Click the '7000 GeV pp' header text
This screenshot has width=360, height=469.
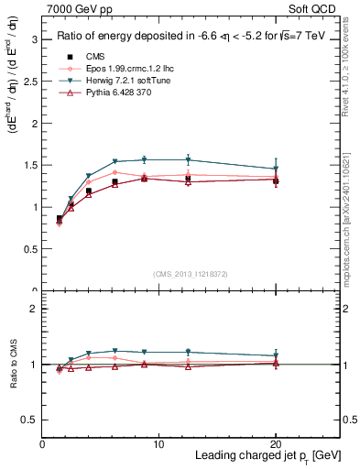[79, 10]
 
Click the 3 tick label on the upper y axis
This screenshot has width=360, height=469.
[34, 40]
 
